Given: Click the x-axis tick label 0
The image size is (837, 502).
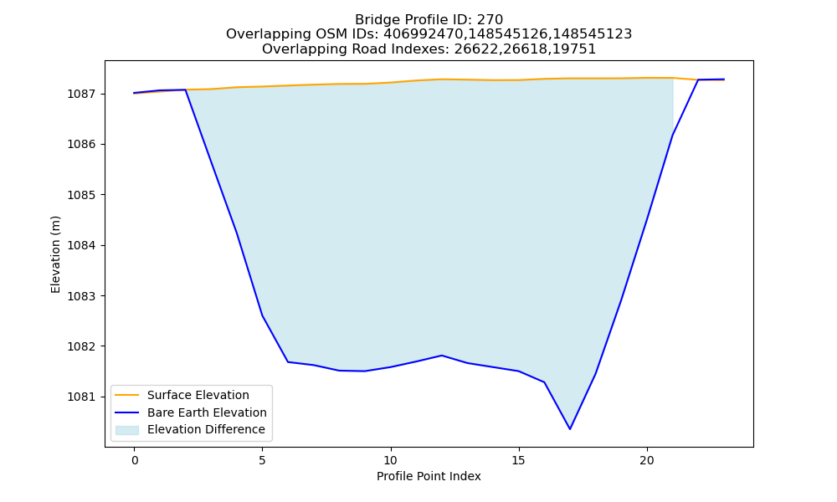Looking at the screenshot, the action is [x=135, y=460].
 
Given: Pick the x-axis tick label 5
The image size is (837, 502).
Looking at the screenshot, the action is [x=263, y=460].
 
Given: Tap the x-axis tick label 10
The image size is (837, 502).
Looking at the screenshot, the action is [x=391, y=460].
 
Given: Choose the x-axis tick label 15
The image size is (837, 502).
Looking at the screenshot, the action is [x=519, y=460].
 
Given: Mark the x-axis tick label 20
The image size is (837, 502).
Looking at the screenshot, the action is [x=647, y=460].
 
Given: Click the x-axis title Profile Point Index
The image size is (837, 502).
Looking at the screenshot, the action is [x=429, y=476].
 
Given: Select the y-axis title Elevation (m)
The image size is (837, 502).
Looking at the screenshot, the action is [x=55, y=254].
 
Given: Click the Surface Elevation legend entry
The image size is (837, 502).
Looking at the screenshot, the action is [x=198, y=395].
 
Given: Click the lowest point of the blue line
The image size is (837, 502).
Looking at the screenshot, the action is [x=570, y=429].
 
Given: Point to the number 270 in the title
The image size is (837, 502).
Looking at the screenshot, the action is [x=490, y=20].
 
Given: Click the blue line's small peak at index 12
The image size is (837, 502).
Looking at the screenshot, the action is [x=442, y=356].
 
